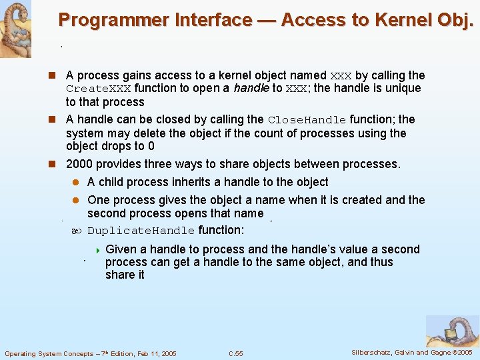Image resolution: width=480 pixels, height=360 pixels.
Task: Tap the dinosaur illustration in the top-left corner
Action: pos(15,28)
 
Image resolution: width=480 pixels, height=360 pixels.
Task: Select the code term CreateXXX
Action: pos(99,89)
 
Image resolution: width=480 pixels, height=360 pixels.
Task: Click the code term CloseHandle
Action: pos(307,120)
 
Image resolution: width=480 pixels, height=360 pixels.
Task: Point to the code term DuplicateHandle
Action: pos(141,231)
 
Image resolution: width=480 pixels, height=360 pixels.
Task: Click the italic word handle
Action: pos(252,89)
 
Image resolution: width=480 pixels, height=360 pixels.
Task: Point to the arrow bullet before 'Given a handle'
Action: pos(97,250)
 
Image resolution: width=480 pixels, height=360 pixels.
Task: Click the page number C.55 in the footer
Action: pos(235,353)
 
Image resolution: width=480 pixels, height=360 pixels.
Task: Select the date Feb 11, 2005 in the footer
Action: pos(153,353)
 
